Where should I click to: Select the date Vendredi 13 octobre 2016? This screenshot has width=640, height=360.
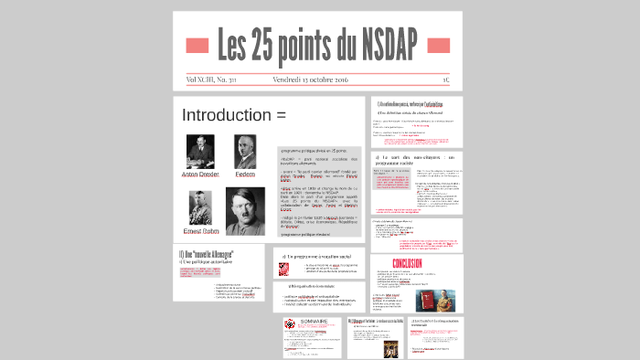tap(313, 79)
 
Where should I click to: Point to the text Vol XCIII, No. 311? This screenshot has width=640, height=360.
tap(210, 79)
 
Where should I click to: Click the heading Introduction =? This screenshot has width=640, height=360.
tap(234, 115)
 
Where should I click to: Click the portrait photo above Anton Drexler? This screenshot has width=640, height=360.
tap(201, 150)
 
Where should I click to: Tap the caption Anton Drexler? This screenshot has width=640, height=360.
tap(201, 174)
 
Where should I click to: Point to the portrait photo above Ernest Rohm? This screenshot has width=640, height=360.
tap(200, 207)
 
